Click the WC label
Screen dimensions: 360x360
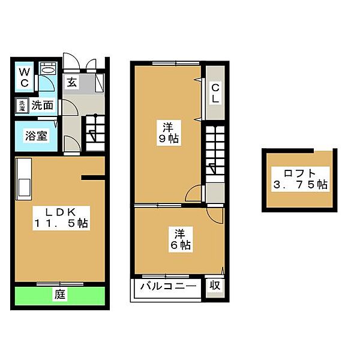[x=25, y=77]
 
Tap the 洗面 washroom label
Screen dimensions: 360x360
[x=42, y=106]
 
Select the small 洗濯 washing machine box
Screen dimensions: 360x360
[x=22, y=106]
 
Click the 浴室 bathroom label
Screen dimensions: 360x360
[x=36, y=136]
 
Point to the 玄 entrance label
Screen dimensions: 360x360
[x=72, y=82]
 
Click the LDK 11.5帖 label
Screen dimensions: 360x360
[x=61, y=218]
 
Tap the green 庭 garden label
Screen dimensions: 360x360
[x=60, y=294]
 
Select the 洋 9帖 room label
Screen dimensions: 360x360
[x=169, y=133]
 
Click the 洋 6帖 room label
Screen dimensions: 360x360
[x=181, y=239]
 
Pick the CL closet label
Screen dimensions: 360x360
[x=215, y=93]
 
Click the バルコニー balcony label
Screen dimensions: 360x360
[x=168, y=286]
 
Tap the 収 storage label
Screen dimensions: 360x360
[x=215, y=286]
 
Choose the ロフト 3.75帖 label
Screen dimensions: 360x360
[x=301, y=179]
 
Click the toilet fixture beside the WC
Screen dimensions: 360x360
[x=48, y=68]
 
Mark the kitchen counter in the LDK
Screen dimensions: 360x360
[x=23, y=179]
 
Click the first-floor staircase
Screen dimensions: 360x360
[x=95, y=133]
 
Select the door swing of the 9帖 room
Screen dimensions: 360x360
[x=194, y=193]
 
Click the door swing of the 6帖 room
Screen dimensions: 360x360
[x=215, y=215]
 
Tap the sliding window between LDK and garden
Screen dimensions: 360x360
[x=59, y=284]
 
